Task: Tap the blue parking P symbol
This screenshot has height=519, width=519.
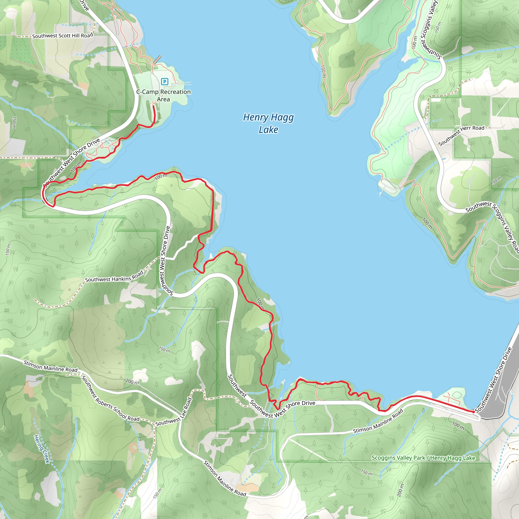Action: [165, 81]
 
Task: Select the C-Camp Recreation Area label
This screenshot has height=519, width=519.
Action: [163, 95]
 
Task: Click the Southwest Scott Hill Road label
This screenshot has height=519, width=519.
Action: [62, 36]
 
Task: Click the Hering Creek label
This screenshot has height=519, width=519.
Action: [42, 449]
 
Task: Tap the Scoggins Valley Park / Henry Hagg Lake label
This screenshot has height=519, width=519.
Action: [423, 458]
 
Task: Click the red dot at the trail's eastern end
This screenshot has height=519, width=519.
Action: [473, 412]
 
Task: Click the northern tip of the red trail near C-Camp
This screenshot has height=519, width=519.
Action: [153, 106]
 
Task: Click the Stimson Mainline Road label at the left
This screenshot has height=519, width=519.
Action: [50, 366]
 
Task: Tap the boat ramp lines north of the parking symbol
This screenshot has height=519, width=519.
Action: [157, 60]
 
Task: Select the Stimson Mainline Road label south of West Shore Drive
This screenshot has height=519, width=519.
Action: [378, 421]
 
